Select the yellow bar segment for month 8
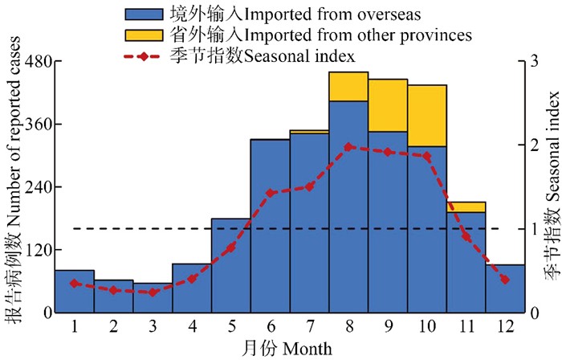click(x=348, y=86)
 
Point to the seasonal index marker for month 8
click(x=348, y=147)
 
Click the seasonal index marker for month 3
click(x=153, y=292)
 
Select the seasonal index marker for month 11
click(x=466, y=236)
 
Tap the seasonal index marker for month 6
click(x=270, y=193)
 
